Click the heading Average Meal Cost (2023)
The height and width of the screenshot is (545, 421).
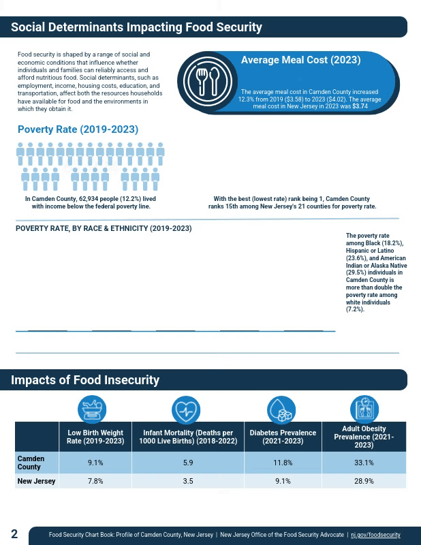point(300,60)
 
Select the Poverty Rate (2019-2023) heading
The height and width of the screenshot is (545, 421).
point(78,129)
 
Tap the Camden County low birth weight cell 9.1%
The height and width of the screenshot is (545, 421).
point(95,463)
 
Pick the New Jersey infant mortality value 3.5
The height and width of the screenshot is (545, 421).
point(188,481)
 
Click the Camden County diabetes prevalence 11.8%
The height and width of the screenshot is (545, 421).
point(283,463)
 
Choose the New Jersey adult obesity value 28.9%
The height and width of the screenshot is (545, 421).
point(364,481)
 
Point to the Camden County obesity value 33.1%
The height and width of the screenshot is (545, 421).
point(364,463)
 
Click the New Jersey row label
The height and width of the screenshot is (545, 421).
point(37,481)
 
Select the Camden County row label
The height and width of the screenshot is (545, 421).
point(31,463)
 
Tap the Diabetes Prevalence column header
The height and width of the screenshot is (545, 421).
point(283,437)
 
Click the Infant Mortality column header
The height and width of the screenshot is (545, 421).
point(188,437)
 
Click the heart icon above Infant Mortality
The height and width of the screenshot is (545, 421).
point(186,410)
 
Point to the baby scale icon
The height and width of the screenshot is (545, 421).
point(92,410)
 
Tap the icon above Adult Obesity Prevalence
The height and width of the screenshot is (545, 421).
point(364,409)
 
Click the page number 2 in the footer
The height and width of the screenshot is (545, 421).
point(14,533)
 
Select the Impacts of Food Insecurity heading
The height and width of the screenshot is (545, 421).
point(85,380)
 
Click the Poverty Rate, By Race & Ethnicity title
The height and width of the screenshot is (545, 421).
point(104,229)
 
